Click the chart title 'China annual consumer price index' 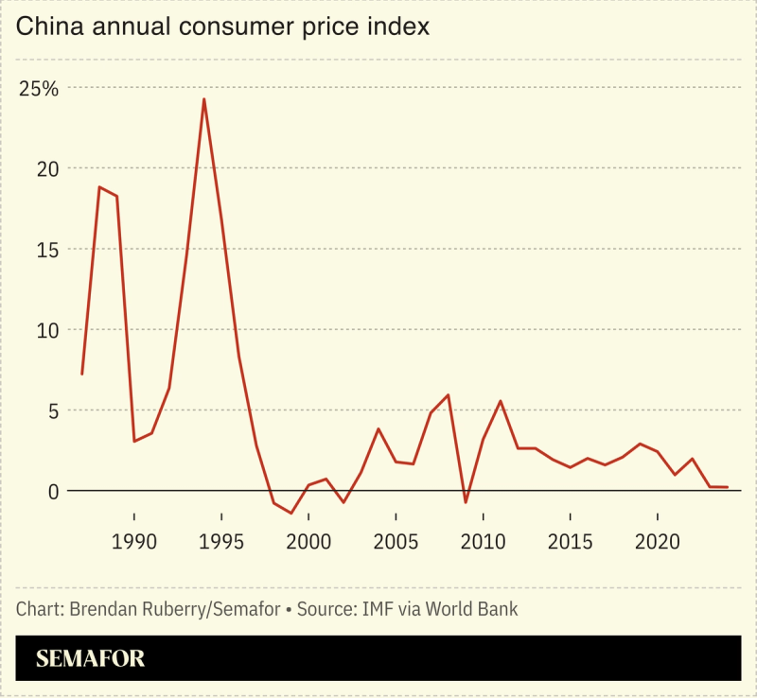tap(223, 27)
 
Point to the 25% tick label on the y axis tap(39, 89)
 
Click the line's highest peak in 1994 tap(203, 99)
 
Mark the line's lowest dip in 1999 tap(290, 513)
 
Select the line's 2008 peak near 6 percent tap(448, 395)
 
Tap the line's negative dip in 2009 tap(466, 502)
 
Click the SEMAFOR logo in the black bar tap(91, 658)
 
